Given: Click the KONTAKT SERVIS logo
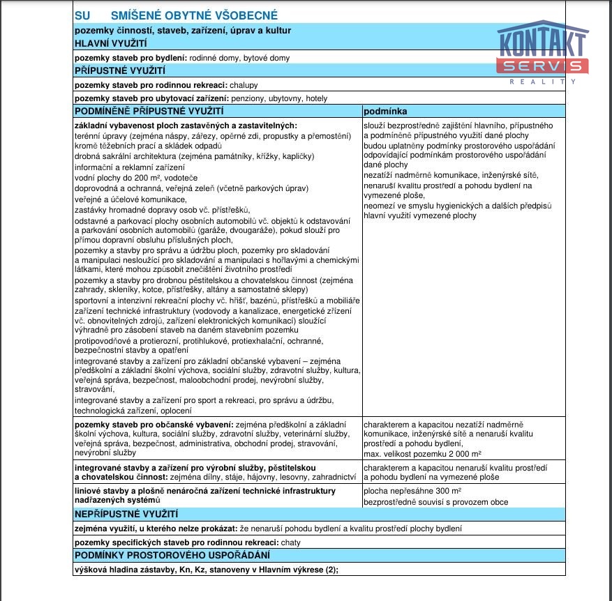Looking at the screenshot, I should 542,48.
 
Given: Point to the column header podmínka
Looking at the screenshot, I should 385,112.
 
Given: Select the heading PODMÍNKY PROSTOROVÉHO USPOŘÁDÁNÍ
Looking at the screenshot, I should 171,556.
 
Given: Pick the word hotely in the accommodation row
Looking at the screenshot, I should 315,98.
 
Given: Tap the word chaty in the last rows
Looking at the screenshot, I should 290,542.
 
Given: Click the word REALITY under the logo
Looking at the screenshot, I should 543,82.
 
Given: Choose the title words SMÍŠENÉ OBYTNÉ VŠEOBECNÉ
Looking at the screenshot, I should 194,15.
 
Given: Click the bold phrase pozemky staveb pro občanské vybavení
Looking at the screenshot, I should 154,424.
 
